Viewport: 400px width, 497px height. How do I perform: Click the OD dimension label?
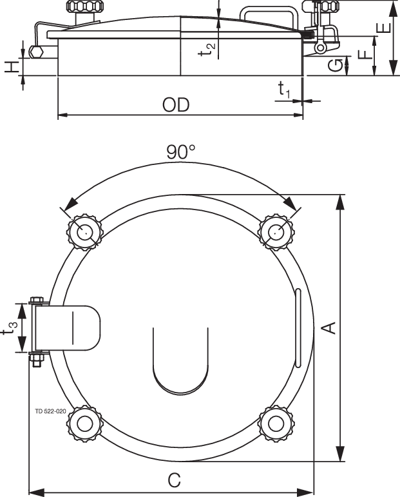[176, 105]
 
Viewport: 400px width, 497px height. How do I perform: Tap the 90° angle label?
[180, 152]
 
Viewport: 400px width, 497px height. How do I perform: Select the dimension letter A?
[329, 328]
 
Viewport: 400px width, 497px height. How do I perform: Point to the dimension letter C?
[173, 480]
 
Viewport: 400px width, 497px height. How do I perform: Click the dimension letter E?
[383, 30]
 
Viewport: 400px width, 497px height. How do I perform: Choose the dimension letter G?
[336, 64]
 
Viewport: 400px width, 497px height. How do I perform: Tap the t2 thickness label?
[207, 50]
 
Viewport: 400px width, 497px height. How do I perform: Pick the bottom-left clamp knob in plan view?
[84, 423]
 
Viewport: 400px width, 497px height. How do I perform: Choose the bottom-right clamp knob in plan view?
[276, 423]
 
